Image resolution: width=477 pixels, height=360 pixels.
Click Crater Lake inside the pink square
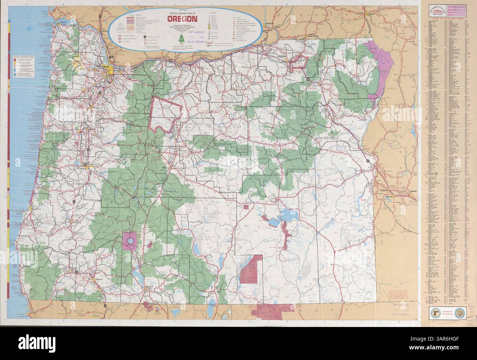click(129, 241)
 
